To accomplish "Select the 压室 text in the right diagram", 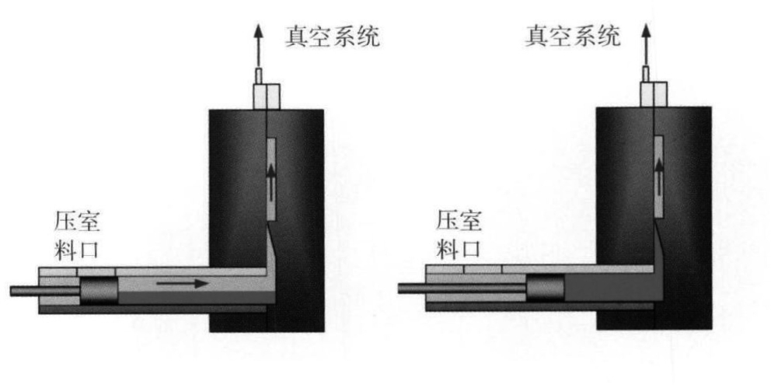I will tap(458, 220).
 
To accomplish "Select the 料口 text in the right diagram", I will tap(458, 250).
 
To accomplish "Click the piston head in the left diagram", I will tap(99, 290).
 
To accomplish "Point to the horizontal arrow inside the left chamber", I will tap(182, 284).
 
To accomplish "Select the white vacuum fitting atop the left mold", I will tap(265, 94).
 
